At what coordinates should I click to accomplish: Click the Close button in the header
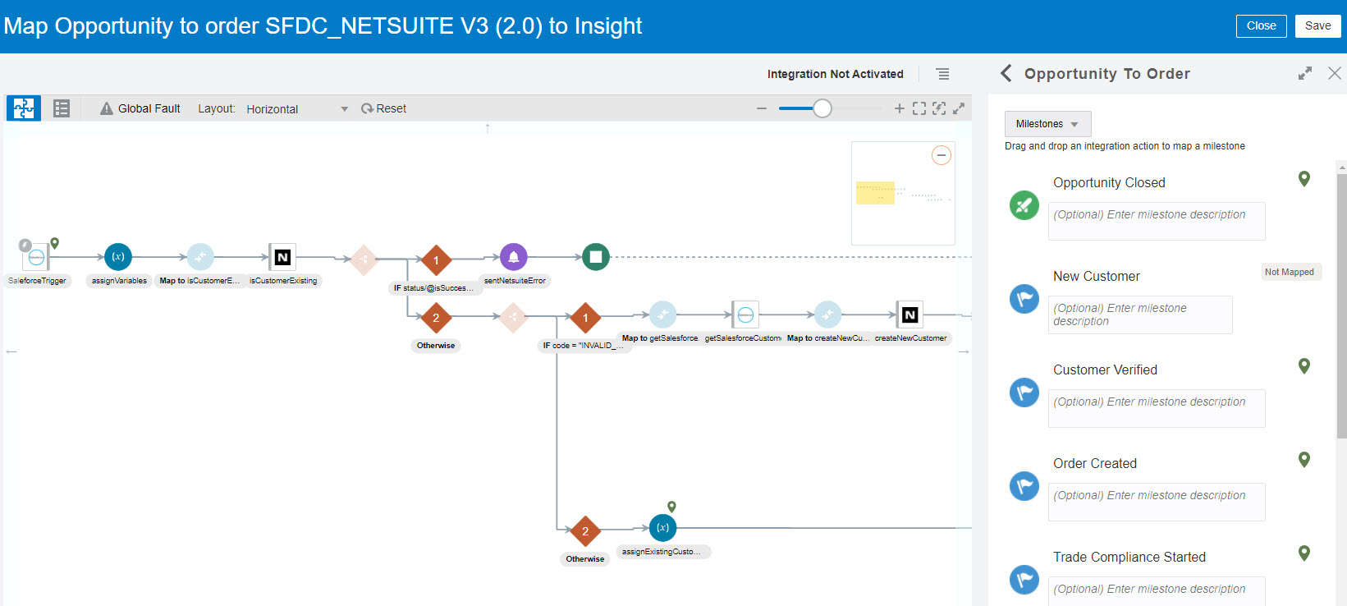[1261, 26]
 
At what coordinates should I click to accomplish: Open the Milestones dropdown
[1047, 124]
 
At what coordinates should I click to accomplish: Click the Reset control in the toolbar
[383, 108]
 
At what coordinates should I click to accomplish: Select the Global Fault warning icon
[107, 108]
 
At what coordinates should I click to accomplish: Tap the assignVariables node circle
[118, 257]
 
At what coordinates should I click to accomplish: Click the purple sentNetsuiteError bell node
[514, 257]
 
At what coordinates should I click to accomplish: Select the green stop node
[596, 257]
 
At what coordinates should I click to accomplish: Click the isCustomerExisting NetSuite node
[282, 257]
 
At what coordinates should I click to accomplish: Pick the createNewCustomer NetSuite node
[909, 314]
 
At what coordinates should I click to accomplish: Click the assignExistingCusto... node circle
[662, 528]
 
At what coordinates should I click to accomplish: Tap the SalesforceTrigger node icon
[36, 258]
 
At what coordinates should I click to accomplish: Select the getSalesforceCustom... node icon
[745, 314]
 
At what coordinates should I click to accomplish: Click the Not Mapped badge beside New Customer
[1290, 272]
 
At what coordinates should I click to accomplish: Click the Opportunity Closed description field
[1157, 221]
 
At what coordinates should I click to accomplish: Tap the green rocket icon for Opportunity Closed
[1024, 205]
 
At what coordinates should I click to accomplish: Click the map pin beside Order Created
[1303, 460]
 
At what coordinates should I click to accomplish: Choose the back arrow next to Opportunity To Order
[1006, 73]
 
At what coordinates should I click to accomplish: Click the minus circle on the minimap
[942, 155]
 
